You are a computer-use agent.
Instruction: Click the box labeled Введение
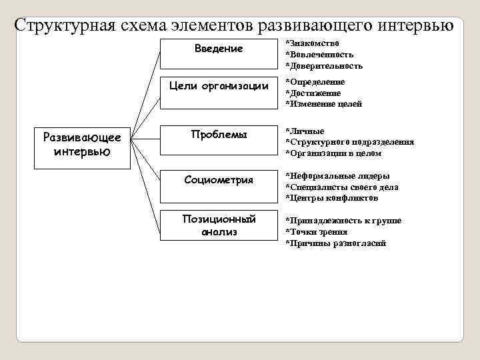tap(219, 53)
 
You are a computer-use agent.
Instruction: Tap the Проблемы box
tap(219, 141)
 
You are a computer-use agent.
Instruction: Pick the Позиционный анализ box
tap(219, 226)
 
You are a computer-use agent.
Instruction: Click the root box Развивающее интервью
tap(82, 144)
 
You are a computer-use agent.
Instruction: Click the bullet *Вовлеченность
tap(319, 55)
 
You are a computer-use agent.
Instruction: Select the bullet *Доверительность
tap(324, 66)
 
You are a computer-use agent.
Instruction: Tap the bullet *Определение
tap(315, 82)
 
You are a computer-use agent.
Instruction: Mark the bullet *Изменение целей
tap(323, 104)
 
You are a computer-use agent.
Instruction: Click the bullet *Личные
tap(305, 131)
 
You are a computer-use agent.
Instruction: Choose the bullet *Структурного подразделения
tap(349, 142)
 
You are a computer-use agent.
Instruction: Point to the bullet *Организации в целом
tap(333, 153)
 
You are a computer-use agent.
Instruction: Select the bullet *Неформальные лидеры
tap(333, 176)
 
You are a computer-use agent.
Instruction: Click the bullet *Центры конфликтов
tap(331, 198)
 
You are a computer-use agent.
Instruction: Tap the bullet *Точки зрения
tap(316, 232)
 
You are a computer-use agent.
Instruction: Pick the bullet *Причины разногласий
tap(335, 243)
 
